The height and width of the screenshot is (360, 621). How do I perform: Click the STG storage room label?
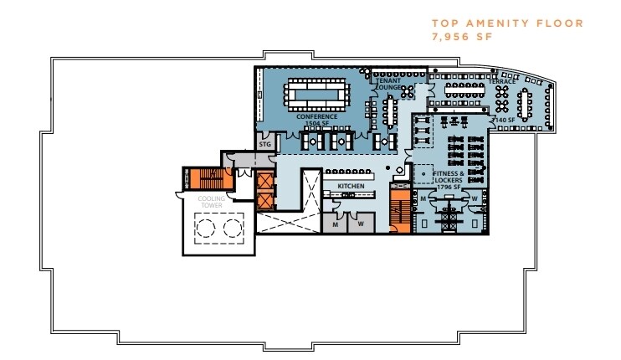click(x=265, y=144)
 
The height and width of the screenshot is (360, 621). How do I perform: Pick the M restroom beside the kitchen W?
click(x=334, y=224)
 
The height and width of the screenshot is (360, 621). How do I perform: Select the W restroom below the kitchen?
click(x=361, y=224)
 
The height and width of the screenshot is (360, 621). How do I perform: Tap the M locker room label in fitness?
click(x=423, y=198)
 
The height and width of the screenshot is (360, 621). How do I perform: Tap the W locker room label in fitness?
click(x=475, y=198)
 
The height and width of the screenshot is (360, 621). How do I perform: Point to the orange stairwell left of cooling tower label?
click(x=202, y=179)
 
